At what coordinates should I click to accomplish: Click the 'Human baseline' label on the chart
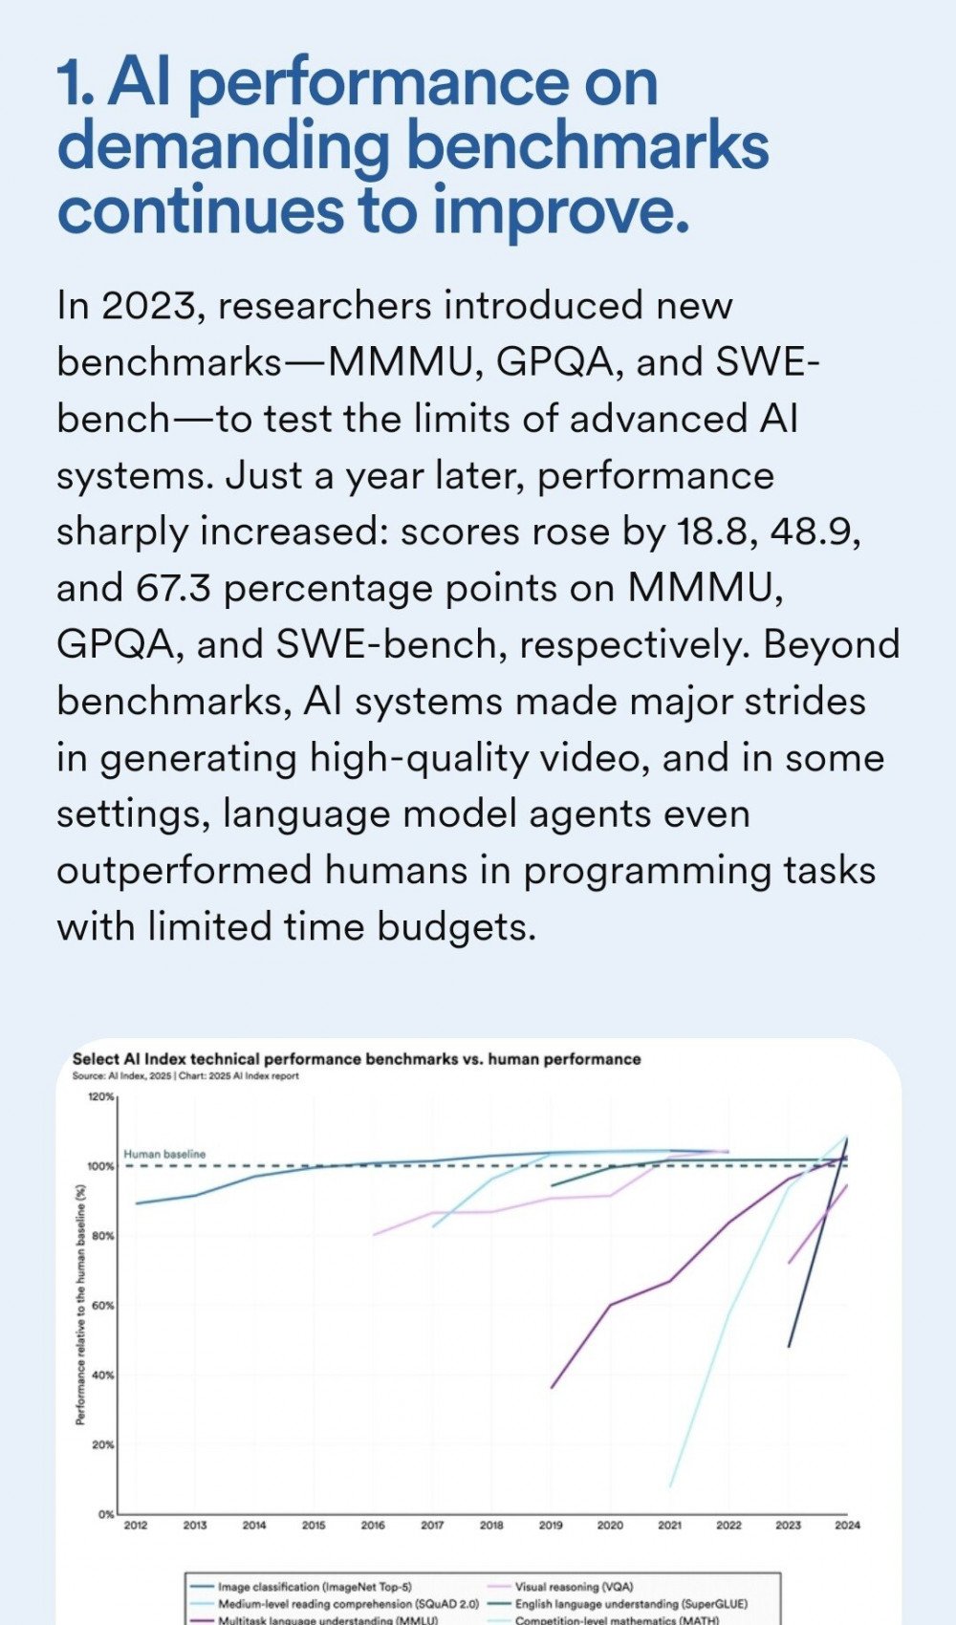tap(164, 1154)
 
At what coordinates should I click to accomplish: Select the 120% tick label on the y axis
tap(101, 1096)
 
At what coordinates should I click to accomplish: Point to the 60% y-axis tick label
tap(103, 1305)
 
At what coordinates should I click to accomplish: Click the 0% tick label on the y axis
tap(106, 1514)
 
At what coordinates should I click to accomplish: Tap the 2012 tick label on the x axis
tap(136, 1525)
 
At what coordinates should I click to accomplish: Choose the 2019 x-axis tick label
tap(551, 1525)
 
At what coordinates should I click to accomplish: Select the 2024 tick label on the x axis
tap(847, 1525)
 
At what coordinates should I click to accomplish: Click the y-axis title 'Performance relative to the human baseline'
tap(81, 1305)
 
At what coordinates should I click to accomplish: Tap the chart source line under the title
tap(185, 1075)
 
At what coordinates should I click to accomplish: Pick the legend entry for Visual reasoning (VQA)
tap(574, 1587)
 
